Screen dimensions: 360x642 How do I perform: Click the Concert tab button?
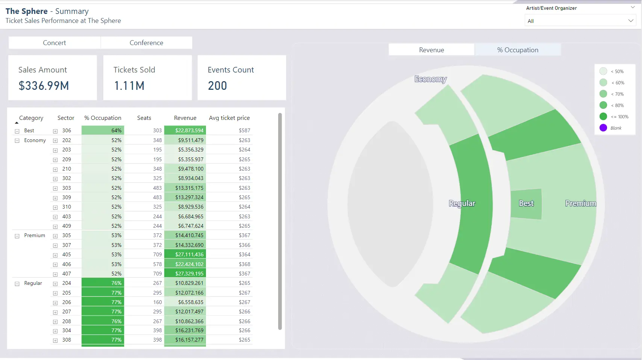click(55, 43)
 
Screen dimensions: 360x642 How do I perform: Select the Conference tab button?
click(146, 43)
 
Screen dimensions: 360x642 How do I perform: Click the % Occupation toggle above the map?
click(518, 50)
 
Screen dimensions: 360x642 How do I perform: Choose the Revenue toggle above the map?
click(432, 50)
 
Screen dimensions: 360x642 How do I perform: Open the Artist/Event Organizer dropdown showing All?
click(580, 21)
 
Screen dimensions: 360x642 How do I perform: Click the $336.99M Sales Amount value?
click(44, 86)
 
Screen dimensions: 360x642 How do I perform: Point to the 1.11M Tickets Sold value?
click(129, 86)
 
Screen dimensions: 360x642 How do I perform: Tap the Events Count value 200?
click(217, 86)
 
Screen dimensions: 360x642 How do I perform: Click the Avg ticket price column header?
click(229, 118)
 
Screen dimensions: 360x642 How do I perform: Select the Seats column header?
click(144, 118)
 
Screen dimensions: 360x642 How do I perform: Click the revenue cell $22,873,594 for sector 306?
click(189, 130)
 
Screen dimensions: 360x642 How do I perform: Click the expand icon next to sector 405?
click(55, 255)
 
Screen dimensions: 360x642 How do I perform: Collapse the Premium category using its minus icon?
click(17, 236)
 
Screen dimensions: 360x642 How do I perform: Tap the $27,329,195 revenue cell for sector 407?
click(189, 274)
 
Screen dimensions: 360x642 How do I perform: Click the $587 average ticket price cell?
click(244, 130)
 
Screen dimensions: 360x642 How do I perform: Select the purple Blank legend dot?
click(603, 128)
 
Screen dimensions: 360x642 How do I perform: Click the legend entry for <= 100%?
click(619, 116)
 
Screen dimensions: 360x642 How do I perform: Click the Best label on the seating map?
click(526, 203)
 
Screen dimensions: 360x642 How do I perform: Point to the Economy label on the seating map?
click(430, 79)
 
